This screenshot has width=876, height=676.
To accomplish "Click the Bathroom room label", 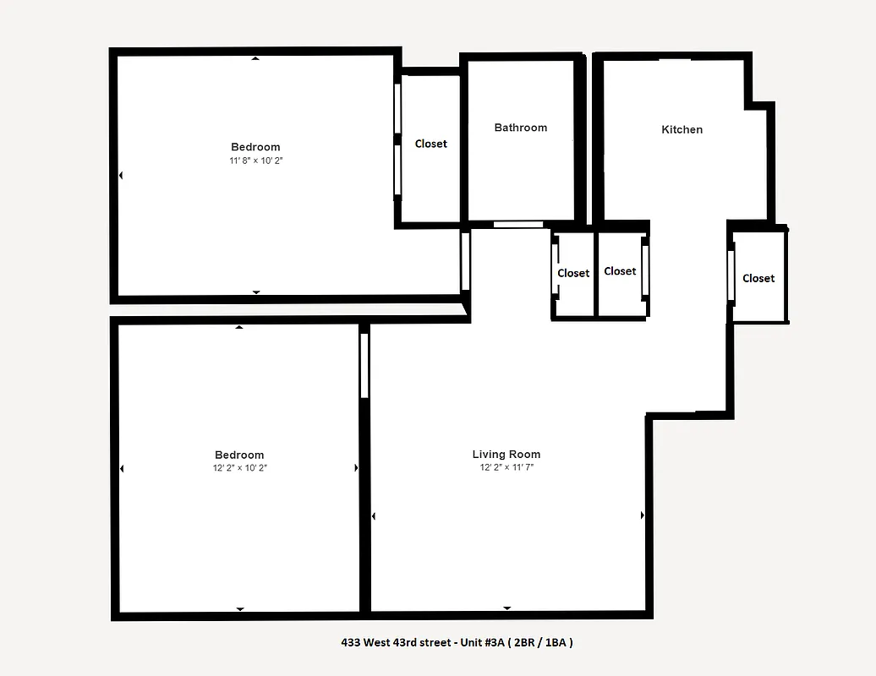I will click(x=520, y=128).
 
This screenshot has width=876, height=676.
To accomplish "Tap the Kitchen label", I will click(x=682, y=129).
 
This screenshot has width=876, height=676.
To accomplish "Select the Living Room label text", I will click(x=506, y=455).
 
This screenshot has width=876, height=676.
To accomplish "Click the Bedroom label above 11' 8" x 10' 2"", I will click(x=255, y=147).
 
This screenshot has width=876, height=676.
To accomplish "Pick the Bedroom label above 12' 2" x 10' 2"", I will click(x=239, y=455).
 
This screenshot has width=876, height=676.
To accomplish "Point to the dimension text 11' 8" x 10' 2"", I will click(x=255, y=161).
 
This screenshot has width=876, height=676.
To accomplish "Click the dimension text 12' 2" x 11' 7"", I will click(x=506, y=467).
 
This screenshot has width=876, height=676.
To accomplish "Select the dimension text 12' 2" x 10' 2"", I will click(x=239, y=467).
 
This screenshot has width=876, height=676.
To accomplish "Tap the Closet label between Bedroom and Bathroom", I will click(x=430, y=144).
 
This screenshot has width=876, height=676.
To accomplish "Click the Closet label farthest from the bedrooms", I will click(x=758, y=278).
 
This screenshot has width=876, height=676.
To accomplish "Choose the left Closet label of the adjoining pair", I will click(x=573, y=273).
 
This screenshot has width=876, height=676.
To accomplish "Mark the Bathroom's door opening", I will click(x=518, y=225).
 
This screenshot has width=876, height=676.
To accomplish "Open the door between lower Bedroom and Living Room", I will click(x=364, y=365).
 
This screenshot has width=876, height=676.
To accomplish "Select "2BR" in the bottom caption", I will click(x=526, y=642).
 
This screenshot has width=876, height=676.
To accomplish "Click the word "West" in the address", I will click(x=378, y=642).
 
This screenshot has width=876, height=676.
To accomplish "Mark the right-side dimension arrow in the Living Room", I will click(x=642, y=515).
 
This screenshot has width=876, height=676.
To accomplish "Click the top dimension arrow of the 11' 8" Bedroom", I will click(x=255, y=58).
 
